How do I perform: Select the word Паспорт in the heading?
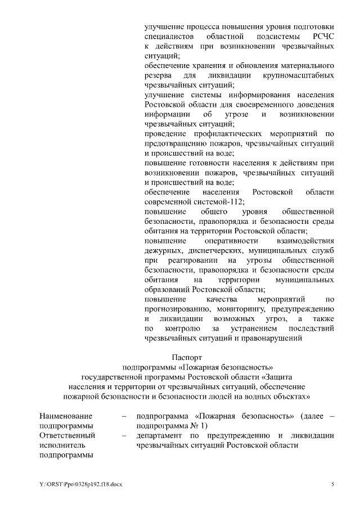pyautogui.click(x=186, y=356)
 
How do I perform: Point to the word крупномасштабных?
pyautogui.click(x=298, y=75)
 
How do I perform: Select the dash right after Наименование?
pyautogui.click(x=123, y=416)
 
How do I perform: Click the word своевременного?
pyautogui.click(x=264, y=104)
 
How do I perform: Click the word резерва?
pyautogui.click(x=160, y=75)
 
